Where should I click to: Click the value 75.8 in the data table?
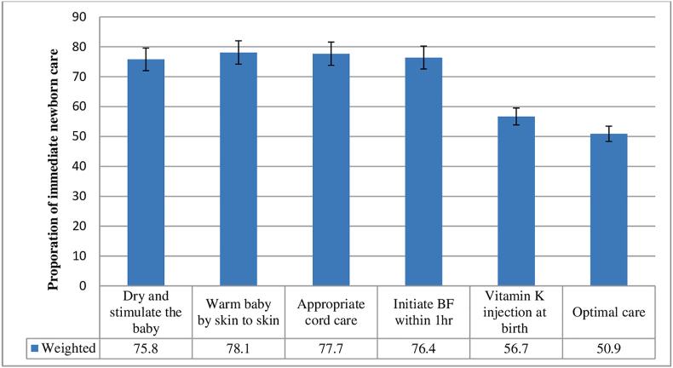[146, 348]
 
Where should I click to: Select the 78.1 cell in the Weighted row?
[239, 348]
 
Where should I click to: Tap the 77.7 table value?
[331, 348]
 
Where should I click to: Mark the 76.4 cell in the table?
[423, 348]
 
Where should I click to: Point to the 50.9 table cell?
[608, 348]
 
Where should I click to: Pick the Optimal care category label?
[608, 312]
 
